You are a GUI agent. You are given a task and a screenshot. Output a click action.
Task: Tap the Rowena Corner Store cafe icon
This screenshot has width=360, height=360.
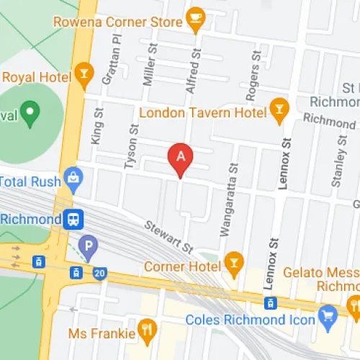click(x=194, y=21)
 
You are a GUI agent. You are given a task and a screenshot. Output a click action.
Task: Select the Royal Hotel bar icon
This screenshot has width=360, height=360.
click(x=84, y=76)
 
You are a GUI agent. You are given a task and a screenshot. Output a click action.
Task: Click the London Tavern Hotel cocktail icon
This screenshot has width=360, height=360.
click(x=279, y=110)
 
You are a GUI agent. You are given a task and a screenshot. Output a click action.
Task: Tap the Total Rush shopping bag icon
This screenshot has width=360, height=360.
click(x=73, y=176)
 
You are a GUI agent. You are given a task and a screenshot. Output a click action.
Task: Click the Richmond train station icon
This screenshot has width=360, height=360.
click(x=73, y=218)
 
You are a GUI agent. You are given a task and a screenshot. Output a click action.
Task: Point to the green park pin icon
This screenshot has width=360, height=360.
click(x=30, y=112)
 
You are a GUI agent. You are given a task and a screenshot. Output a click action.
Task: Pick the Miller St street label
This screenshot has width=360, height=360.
click(x=149, y=64)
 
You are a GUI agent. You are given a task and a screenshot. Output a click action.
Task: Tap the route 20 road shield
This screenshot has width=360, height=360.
click(x=99, y=272)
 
